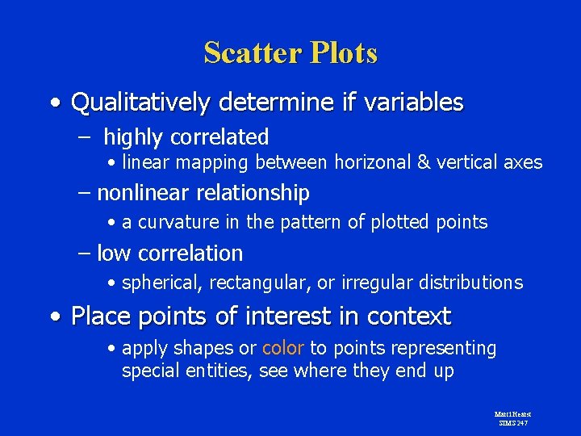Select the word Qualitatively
pos(140,103)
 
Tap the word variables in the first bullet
pos(412,103)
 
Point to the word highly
pos(132,137)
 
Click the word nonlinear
pos(134,193)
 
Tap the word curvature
pos(172,222)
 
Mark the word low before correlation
pos(114,254)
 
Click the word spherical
pos(161,283)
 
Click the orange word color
pos(282,348)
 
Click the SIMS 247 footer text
pos(512,422)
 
